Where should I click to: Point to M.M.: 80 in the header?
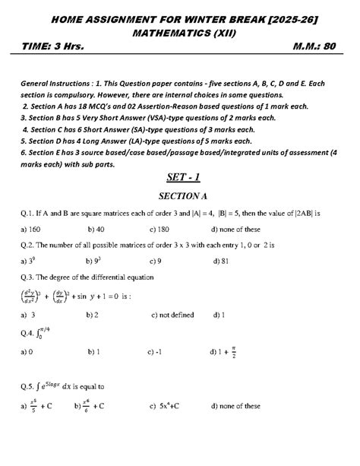(313, 48)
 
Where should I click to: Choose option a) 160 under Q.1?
(33, 229)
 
